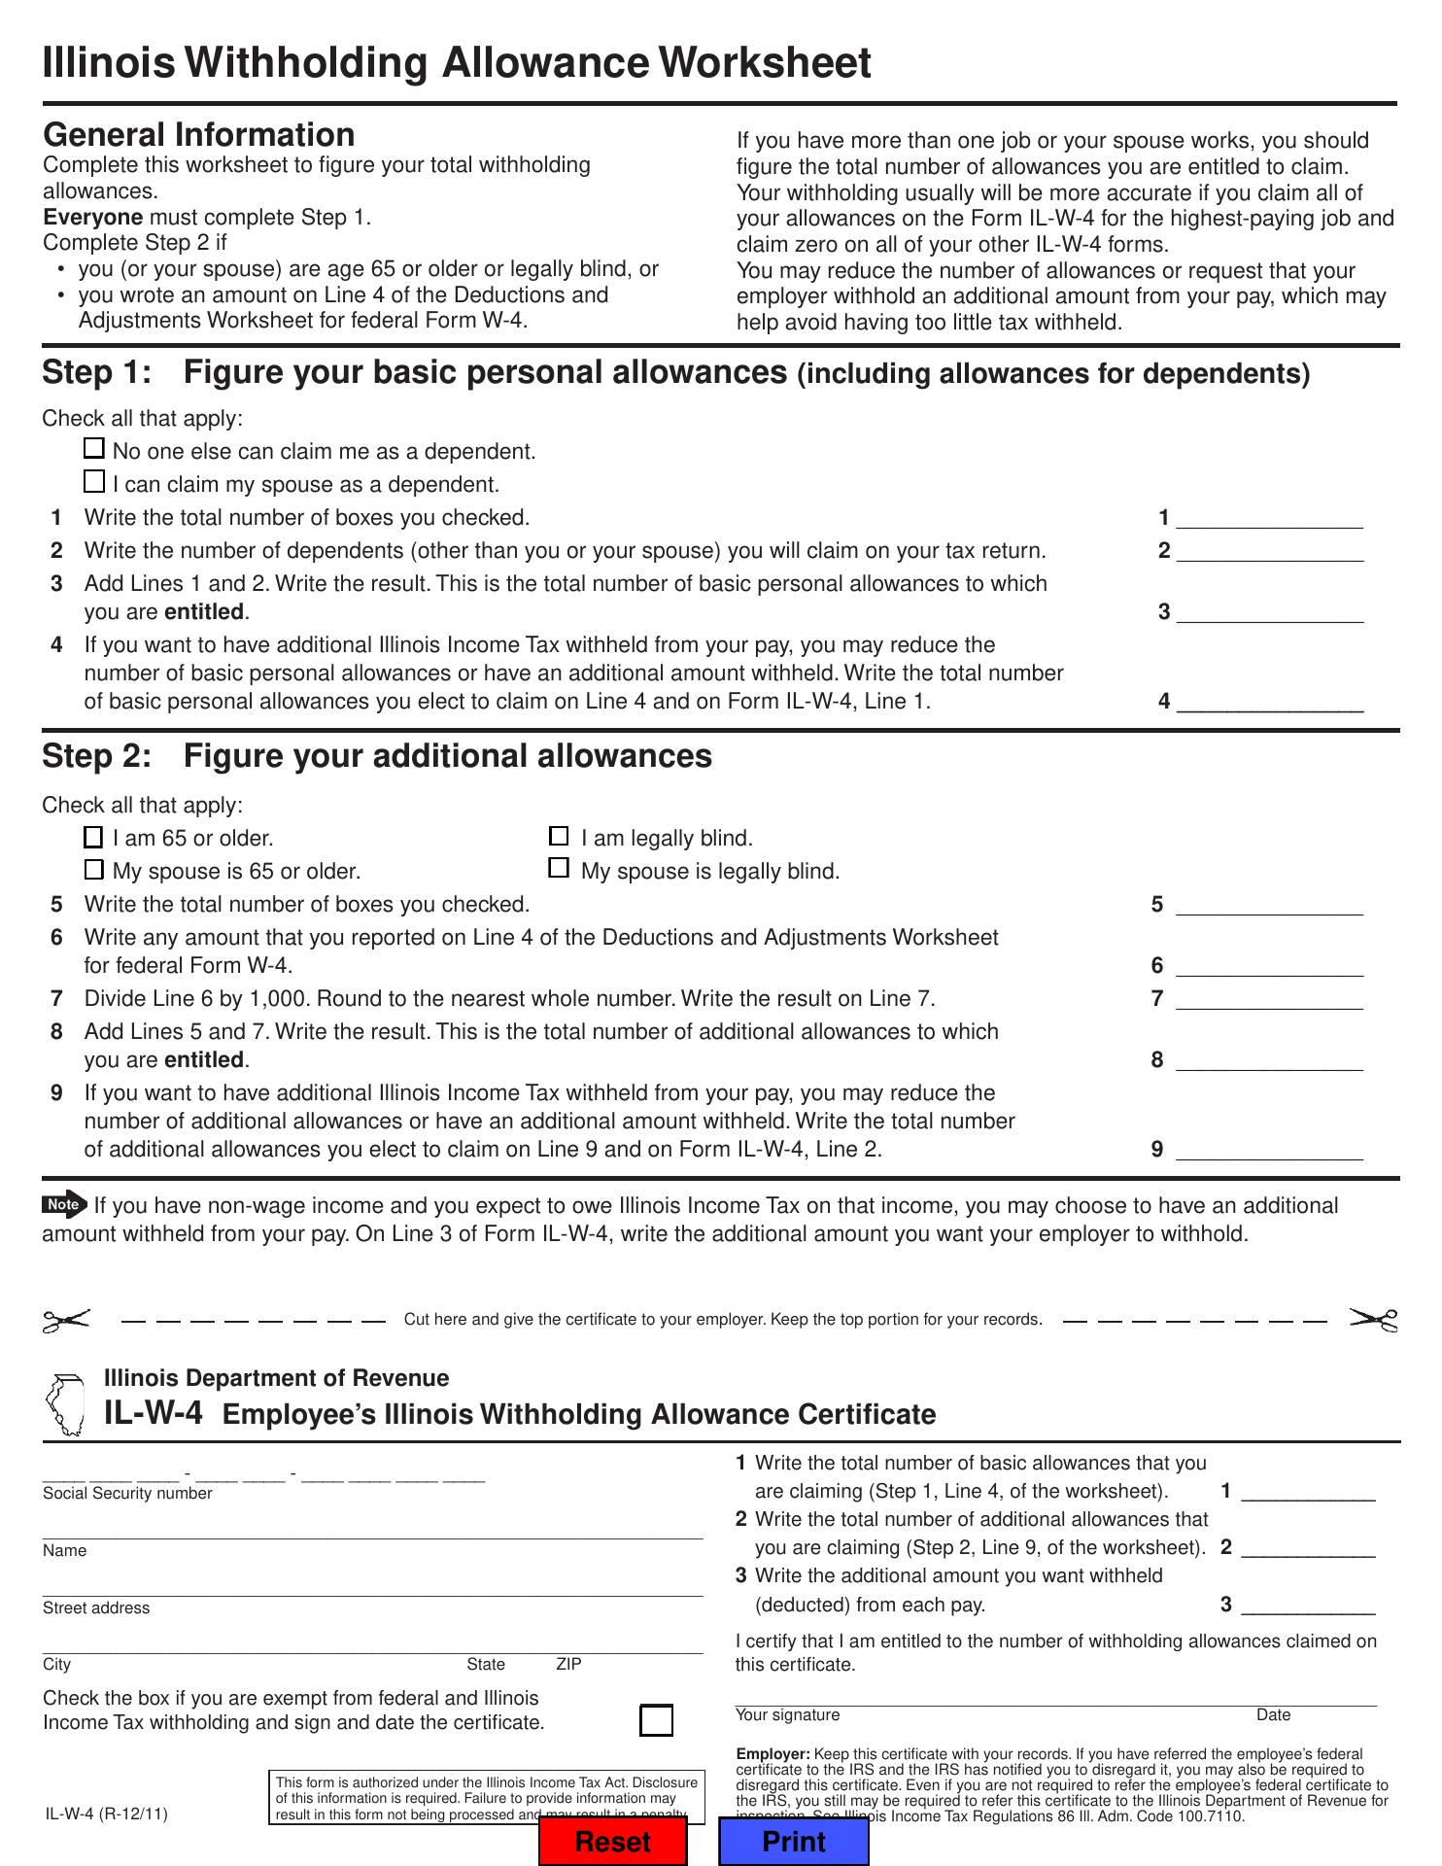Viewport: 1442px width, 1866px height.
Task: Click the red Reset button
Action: [x=613, y=1841]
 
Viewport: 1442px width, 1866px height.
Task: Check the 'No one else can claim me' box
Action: [x=94, y=449]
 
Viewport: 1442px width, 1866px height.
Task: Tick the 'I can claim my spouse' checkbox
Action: [x=94, y=481]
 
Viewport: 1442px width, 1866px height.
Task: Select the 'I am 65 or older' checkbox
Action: [x=93, y=837]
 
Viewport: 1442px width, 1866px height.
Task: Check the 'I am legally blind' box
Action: [x=559, y=836]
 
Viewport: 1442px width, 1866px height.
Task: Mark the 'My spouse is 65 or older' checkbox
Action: [x=93, y=869]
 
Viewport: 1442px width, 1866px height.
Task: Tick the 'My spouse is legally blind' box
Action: [x=559, y=868]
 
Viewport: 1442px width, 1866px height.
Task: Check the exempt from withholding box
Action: [x=657, y=1720]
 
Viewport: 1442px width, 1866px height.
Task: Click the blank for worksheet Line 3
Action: [x=1269, y=612]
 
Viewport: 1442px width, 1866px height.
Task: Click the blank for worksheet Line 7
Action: [x=1269, y=999]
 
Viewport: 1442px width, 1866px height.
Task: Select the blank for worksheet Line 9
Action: [x=1269, y=1150]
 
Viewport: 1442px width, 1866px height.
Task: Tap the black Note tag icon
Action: [x=64, y=1205]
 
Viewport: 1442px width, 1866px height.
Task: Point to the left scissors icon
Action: [x=66, y=1320]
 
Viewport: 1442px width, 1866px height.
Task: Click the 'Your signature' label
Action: [x=787, y=1715]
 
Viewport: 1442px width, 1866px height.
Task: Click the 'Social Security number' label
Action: [x=127, y=1494]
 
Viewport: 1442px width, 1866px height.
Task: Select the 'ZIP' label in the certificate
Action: [x=568, y=1665]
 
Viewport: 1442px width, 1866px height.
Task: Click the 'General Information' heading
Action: [x=199, y=134]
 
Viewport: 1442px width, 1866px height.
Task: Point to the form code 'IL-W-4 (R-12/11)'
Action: [x=106, y=1814]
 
